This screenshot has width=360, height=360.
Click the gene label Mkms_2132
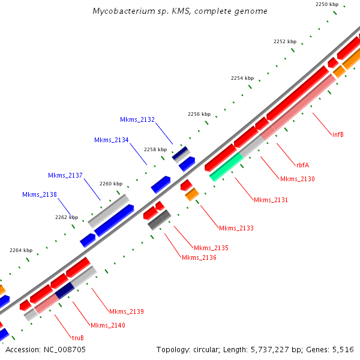(137, 120)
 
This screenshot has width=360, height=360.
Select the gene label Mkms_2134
(112, 140)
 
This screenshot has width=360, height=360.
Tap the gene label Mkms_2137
(65, 175)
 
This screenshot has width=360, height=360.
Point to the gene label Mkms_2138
(40, 195)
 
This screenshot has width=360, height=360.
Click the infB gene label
(338, 134)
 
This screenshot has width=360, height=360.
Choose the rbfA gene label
(302, 164)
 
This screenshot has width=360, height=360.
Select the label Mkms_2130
(297, 179)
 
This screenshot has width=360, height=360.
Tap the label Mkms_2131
(271, 200)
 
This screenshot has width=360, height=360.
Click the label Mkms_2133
(236, 228)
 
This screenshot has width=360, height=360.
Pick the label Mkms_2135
(211, 248)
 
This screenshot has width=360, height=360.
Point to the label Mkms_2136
(199, 257)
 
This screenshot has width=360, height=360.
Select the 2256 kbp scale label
(199, 114)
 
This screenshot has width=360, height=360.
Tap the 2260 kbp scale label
(111, 184)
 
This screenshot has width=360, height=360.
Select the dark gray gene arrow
(160, 220)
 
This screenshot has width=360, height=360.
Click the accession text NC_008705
(46, 349)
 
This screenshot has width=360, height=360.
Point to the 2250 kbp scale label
(327, 4)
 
